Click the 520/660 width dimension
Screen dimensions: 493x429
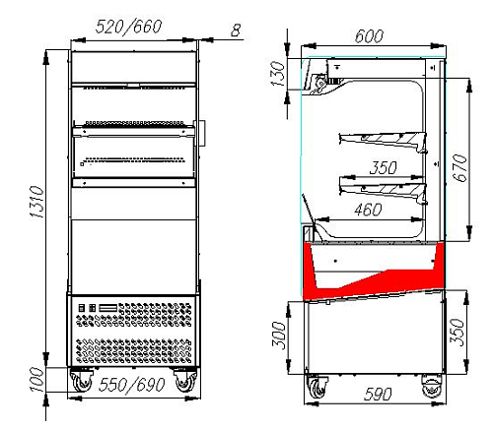[x=128, y=27]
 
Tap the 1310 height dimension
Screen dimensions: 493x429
[x=36, y=203]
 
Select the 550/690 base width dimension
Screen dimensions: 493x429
[x=131, y=385]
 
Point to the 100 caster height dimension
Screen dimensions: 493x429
[x=36, y=380]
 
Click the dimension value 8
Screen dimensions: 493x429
[x=236, y=31]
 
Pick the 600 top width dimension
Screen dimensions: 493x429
[x=369, y=36]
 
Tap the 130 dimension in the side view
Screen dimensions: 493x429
[x=278, y=74]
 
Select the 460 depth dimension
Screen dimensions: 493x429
[x=368, y=210]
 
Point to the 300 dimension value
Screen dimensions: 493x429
[x=280, y=336]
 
